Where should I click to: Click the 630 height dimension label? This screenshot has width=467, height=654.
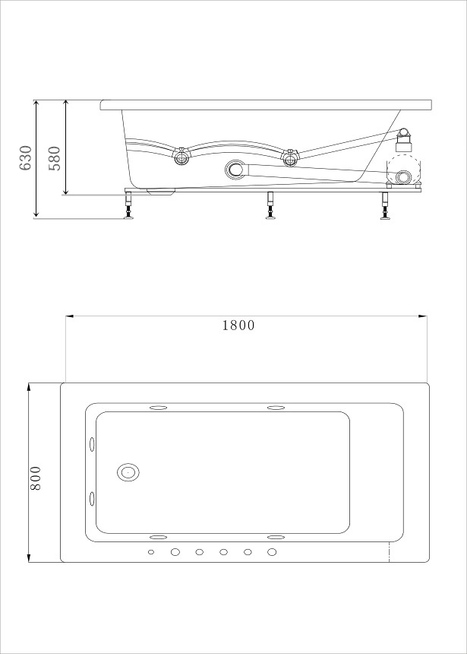pos(26,157)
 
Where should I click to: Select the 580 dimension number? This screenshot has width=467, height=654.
pos(55,157)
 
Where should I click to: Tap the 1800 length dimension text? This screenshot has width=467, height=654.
pos(238,325)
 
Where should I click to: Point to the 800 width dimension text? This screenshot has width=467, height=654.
pos(36,478)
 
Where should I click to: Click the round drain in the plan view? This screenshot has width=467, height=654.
pos(128,473)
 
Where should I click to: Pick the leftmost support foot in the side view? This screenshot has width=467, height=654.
pos(128,207)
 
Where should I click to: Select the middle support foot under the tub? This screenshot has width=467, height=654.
pos(270,207)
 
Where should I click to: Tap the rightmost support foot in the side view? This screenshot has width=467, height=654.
pos(386,207)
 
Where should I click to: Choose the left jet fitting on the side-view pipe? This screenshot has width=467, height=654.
pos(181,157)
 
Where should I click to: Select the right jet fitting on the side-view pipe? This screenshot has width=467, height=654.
pos(289,158)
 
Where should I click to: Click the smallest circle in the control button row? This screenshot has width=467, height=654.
pos(151,551)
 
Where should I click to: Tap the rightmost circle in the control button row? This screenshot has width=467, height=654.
pos(272,551)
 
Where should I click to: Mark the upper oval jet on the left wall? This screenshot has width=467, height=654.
pos(93,443)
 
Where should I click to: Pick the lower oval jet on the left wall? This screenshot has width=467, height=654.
pos(93,499)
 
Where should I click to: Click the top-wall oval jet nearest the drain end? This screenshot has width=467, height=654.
pos(160,408)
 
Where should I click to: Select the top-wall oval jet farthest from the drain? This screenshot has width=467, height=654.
pos(275,408)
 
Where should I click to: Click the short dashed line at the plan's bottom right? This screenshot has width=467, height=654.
pos(390,552)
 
